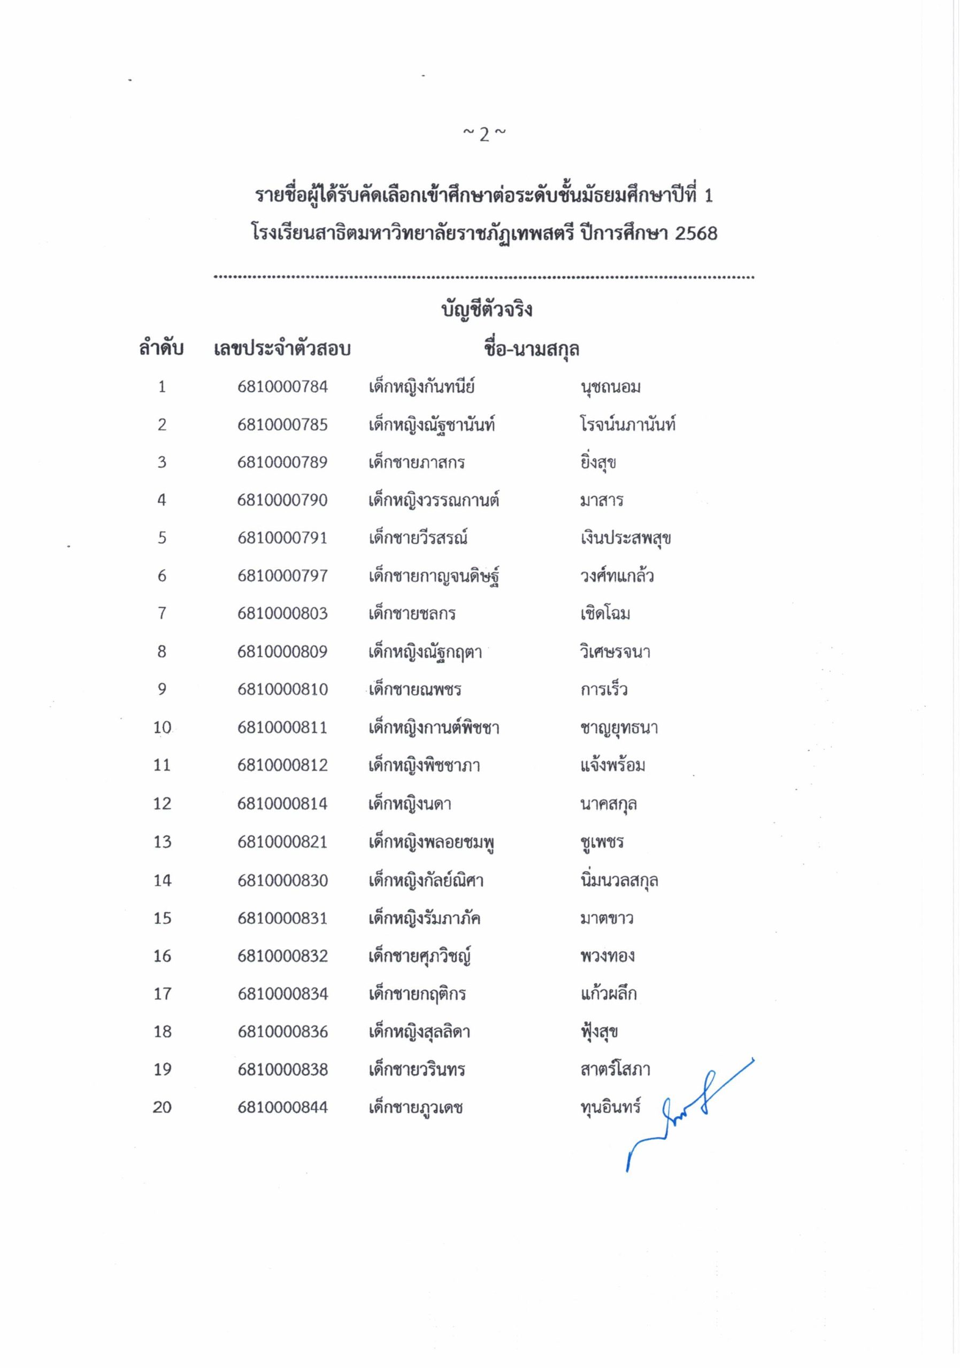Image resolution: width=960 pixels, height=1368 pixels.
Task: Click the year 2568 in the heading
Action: [x=696, y=233]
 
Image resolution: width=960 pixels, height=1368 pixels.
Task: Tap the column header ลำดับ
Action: [x=161, y=348]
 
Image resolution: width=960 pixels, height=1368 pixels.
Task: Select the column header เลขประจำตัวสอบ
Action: [x=282, y=348]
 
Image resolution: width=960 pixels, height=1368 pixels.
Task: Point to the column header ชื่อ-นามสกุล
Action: [x=531, y=348]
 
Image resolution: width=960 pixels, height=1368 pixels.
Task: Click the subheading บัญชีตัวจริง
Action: [x=487, y=310]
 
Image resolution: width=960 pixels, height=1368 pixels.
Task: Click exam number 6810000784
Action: [x=282, y=387]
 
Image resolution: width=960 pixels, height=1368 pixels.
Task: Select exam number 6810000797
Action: [x=282, y=576]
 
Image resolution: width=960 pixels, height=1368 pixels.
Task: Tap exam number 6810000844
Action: [x=282, y=1108]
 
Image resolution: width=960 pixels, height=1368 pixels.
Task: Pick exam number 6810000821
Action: [x=282, y=842]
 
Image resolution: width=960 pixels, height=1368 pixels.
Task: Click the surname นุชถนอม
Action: [x=610, y=387]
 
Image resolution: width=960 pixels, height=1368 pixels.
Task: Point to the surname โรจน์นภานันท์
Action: [x=627, y=425]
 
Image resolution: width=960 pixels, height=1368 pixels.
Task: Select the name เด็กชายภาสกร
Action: [x=416, y=463]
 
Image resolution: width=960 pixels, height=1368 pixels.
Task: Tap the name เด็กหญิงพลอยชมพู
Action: [x=432, y=842]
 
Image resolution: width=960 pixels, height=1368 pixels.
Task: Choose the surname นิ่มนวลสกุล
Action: [x=619, y=880]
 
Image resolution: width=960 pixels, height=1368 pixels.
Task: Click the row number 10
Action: [x=162, y=727]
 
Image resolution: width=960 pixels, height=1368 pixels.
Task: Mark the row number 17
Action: [x=162, y=994]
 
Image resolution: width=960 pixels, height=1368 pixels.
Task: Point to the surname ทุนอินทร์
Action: [x=610, y=1108]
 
